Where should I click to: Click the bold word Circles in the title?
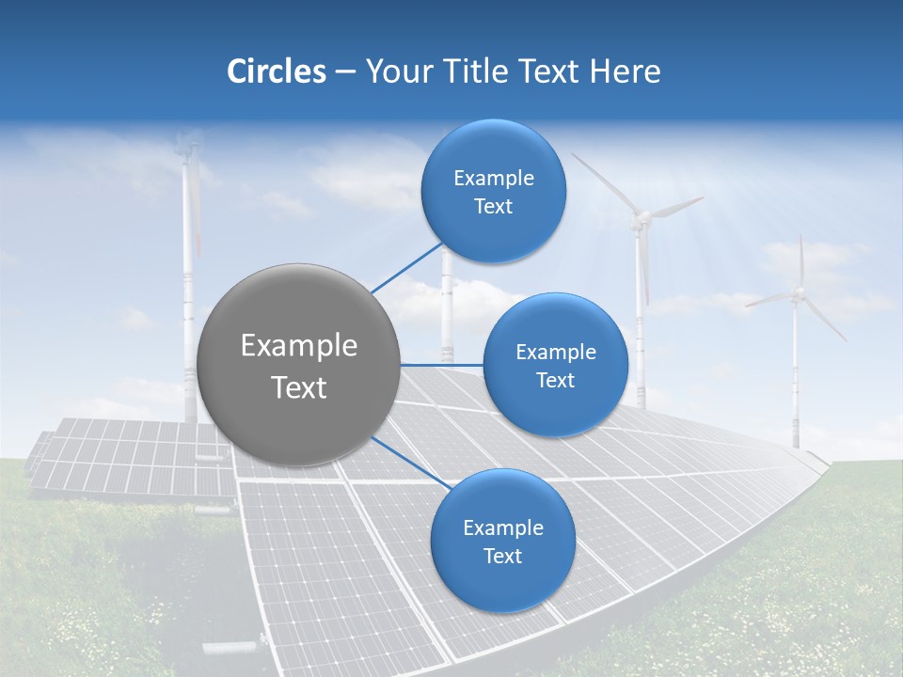[x=277, y=71]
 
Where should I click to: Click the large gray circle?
[x=298, y=365]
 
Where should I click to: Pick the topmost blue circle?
[x=494, y=191]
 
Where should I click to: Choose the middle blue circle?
[x=556, y=365]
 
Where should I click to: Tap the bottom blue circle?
[x=502, y=541]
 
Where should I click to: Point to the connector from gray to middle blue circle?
[x=441, y=364]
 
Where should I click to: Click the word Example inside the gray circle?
[x=299, y=346]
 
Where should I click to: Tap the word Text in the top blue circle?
[x=494, y=207]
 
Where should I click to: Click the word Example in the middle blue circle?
[x=556, y=353]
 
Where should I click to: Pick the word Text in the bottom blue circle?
[x=502, y=557]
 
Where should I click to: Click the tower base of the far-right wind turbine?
[x=796, y=437]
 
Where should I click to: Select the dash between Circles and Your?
[x=345, y=71]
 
